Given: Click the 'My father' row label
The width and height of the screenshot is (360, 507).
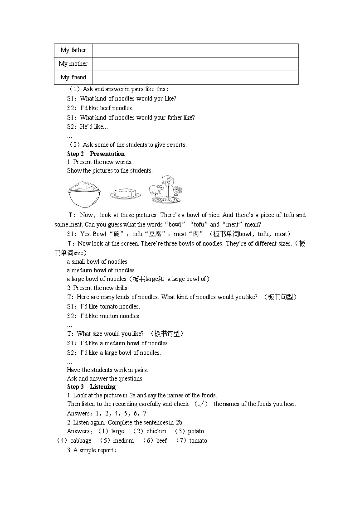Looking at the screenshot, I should pyautogui.click(x=73, y=50).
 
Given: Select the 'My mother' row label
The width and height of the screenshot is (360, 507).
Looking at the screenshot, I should pyautogui.click(x=73, y=64).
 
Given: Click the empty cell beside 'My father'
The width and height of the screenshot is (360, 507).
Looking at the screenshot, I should pyautogui.click(x=195, y=50).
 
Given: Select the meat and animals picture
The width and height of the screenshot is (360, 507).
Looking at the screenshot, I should pyautogui.click(x=166, y=189).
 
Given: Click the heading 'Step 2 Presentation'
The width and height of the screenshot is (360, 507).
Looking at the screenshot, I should pyautogui.click(x=96, y=154).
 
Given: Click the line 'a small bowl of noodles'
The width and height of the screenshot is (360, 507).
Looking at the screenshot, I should pyautogui.click(x=97, y=261).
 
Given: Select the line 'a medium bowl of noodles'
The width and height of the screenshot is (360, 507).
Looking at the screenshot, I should pyautogui.click(x=101, y=270).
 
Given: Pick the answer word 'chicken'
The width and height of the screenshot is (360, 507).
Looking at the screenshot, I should pyautogui.click(x=156, y=431).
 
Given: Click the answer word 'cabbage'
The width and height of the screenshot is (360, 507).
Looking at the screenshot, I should pyautogui.click(x=81, y=440).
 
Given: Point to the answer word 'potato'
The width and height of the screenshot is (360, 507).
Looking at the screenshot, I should pyautogui.click(x=196, y=431).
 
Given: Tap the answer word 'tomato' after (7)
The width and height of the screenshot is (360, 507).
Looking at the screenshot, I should pyautogui.click(x=198, y=440).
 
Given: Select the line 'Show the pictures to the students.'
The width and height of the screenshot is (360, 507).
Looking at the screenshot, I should pyautogui.click(x=110, y=171).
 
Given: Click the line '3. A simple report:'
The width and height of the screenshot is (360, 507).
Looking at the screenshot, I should pyautogui.click(x=92, y=450).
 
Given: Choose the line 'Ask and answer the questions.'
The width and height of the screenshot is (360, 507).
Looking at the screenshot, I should pyautogui.click(x=105, y=378).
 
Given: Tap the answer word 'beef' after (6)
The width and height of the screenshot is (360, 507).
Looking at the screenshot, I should pyautogui.click(x=161, y=440).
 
